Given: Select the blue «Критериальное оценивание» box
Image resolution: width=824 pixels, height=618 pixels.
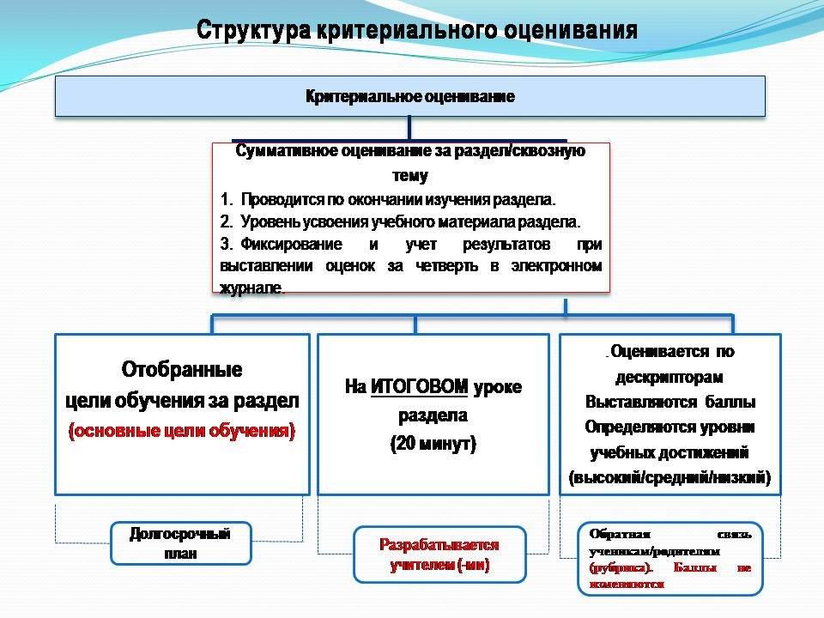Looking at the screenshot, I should coord(410,96).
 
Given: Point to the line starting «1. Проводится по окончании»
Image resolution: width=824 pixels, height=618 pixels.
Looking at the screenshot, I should coord(388,200).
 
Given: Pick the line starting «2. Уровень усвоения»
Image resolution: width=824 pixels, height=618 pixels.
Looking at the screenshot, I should coord(400,221).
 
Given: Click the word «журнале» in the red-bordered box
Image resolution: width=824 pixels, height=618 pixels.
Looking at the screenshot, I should coord(251,288).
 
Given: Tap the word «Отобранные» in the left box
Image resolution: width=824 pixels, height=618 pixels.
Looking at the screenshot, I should coord(182,370).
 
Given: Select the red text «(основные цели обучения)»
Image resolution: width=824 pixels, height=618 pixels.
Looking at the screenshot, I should coord(182,432).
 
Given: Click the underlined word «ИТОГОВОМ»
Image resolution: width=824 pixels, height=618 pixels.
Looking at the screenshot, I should coord(420,387).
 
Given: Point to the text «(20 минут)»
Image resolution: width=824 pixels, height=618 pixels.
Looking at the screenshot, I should coord(433,445).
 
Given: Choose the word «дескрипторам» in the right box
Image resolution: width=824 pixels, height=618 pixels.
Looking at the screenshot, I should coord(669,377).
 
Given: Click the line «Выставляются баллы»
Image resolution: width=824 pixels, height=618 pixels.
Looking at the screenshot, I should coord(669,402).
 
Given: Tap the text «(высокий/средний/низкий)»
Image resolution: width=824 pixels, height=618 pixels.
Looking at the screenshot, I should coord(669,477).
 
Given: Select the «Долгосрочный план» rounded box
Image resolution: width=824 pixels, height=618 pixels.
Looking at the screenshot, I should coord(180,543).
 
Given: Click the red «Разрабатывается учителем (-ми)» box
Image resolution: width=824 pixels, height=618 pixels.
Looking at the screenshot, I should coord(439,555).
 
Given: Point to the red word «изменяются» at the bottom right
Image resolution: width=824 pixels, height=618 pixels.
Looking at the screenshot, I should coord(627,583).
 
